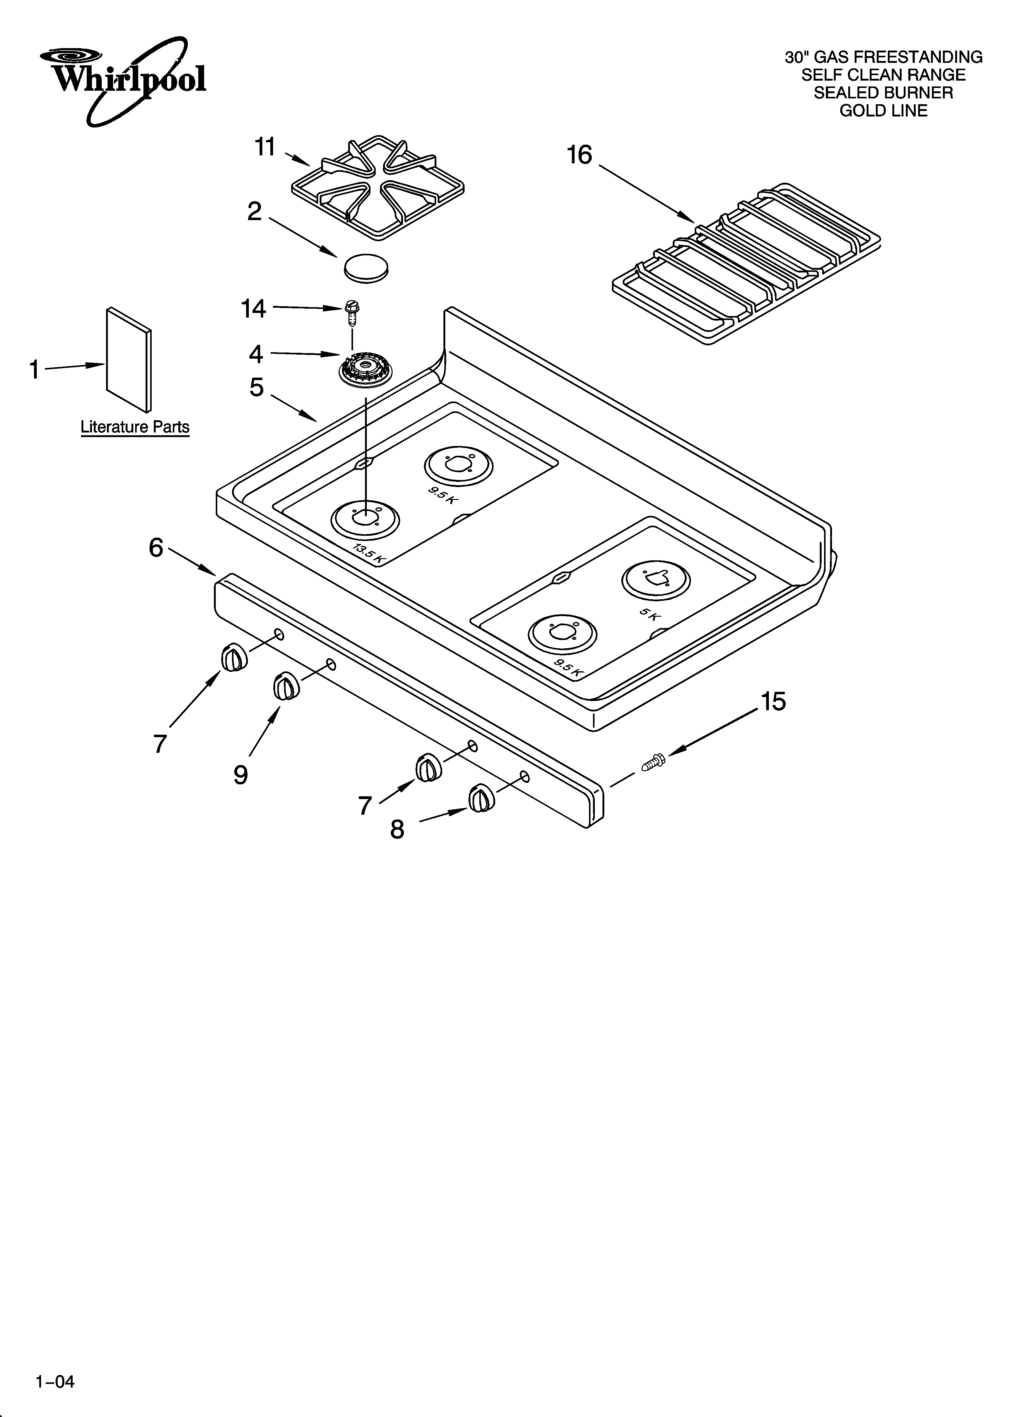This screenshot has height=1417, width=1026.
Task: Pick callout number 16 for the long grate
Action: pos(579,155)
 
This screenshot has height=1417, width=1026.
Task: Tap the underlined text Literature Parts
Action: pos(135,427)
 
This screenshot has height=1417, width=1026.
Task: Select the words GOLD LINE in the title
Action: pos(883,111)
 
